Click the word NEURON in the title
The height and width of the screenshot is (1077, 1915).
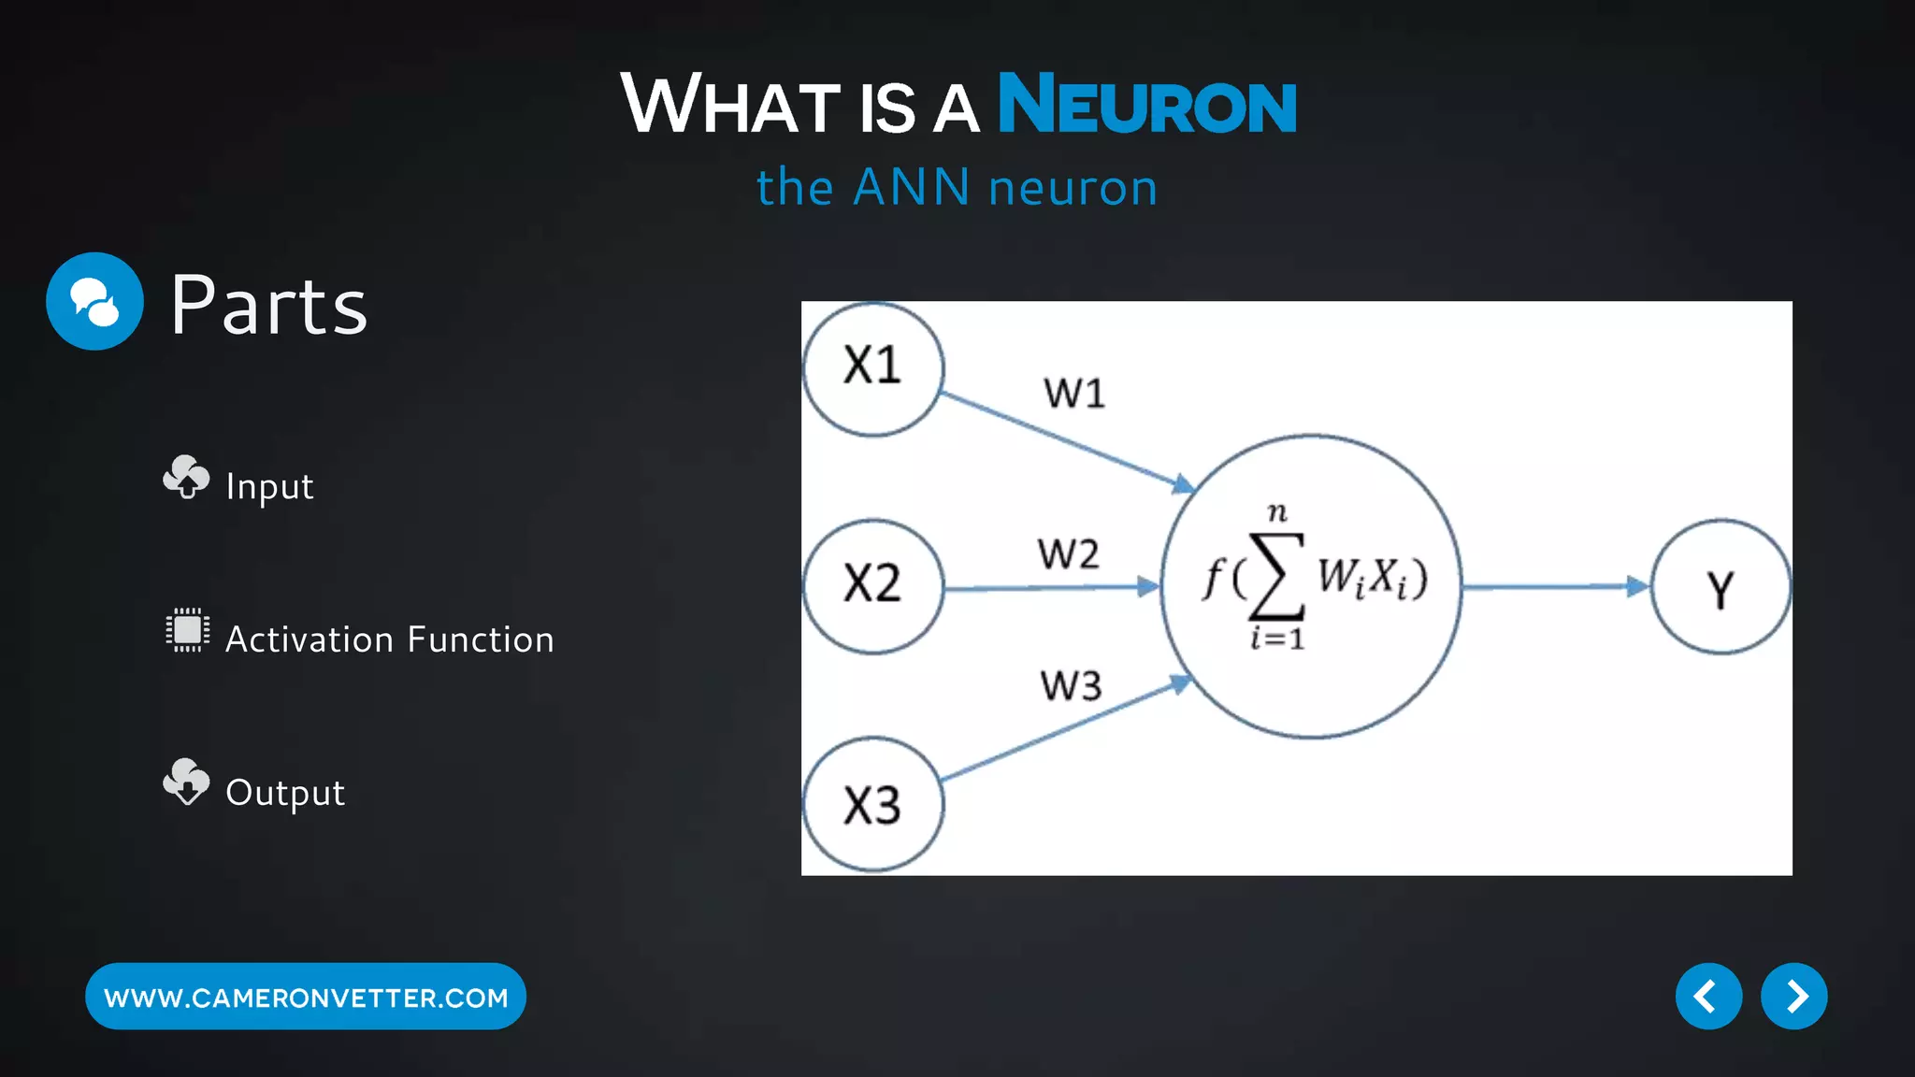[1147, 105]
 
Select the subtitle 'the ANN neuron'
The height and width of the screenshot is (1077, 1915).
[957, 187]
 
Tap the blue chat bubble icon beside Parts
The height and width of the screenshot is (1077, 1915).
[94, 301]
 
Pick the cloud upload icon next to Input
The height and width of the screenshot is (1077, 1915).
[186, 478]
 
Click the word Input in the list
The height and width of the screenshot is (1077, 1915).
[269, 487]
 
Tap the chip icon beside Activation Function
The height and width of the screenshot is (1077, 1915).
[187, 630]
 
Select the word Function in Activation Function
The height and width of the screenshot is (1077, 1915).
[481, 640]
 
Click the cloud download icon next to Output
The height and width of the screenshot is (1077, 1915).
[186, 782]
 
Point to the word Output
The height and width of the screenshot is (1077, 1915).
[285, 793]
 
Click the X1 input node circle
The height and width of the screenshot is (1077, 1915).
[872, 368]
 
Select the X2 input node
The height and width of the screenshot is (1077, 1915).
[872, 585]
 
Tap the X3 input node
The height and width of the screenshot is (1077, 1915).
[872, 804]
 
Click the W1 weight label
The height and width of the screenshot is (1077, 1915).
[1074, 394]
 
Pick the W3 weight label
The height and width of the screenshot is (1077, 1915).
[1071, 686]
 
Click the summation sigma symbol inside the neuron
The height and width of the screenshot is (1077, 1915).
[1277, 577]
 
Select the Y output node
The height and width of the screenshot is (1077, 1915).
[1720, 587]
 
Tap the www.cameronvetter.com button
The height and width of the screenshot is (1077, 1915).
[306, 997]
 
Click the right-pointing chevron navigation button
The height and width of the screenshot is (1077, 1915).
[1793, 997]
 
